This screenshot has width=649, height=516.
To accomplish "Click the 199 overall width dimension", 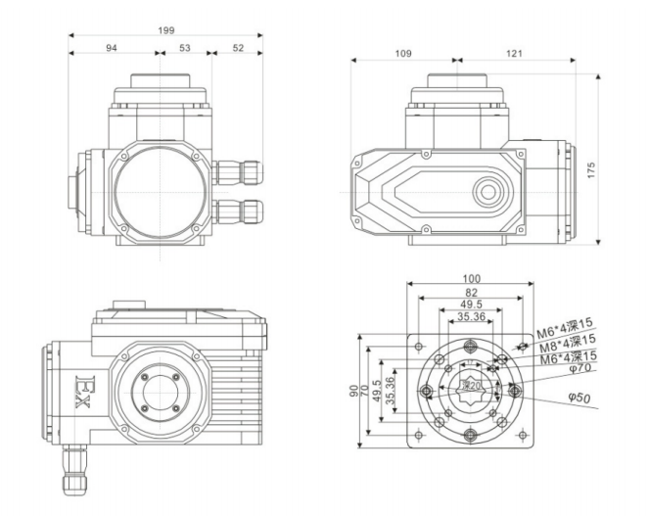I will (x=166, y=30).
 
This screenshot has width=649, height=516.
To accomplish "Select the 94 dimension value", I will (x=113, y=50).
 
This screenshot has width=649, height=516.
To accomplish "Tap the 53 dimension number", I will (x=185, y=50).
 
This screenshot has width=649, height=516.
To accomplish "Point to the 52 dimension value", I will (x=237, y=50).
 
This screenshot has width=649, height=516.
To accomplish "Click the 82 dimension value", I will (x=472, y=293).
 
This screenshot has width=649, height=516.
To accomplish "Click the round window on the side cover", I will (x=487, y=192).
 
